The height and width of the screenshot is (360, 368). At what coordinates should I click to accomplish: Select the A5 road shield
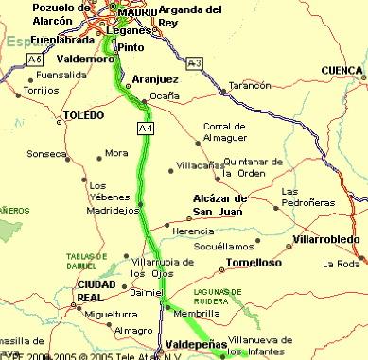pyautogui.click(x=36, y=59)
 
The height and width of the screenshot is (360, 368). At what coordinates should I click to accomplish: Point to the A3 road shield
pyautogui.click(x=194, y=62)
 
